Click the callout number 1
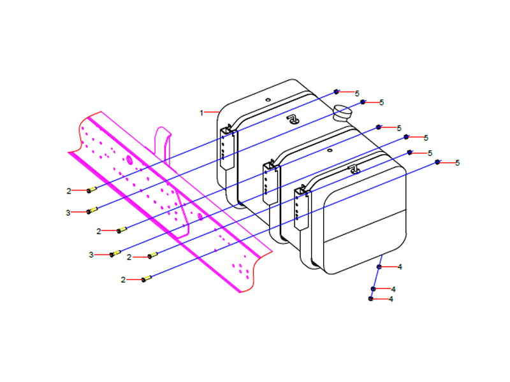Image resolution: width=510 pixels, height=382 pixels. click(x=201, y=113)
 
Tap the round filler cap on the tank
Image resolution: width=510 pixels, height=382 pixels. click(x=343, y=112)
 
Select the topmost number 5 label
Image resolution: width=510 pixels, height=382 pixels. click(x=357, y=93)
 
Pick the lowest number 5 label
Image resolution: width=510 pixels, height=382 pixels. click(x=457, y=163)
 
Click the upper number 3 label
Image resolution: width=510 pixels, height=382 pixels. click(x=68, y=213)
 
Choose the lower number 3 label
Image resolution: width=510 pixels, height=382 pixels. click(x=91, y=255)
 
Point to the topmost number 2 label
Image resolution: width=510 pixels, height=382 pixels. click(x=68, y=191)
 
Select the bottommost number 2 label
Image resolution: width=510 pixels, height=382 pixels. click(x=123, y=279)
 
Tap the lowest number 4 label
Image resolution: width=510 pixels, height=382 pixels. click(x=391, y=299)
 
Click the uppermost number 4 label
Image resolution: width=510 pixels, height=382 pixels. click(x=400, y=267)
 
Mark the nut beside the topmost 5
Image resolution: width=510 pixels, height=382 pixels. click(x=337, y=92)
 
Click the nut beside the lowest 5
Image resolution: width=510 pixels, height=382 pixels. click(x=437, y=162)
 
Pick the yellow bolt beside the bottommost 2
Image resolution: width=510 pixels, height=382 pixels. click(x=146, y=278)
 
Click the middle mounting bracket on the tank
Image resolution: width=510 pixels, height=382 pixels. click(x=270, y=182)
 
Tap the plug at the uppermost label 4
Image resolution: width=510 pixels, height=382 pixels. click(x=379, y=266)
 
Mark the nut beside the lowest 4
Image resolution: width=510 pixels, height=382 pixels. click(x=371, y=299)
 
